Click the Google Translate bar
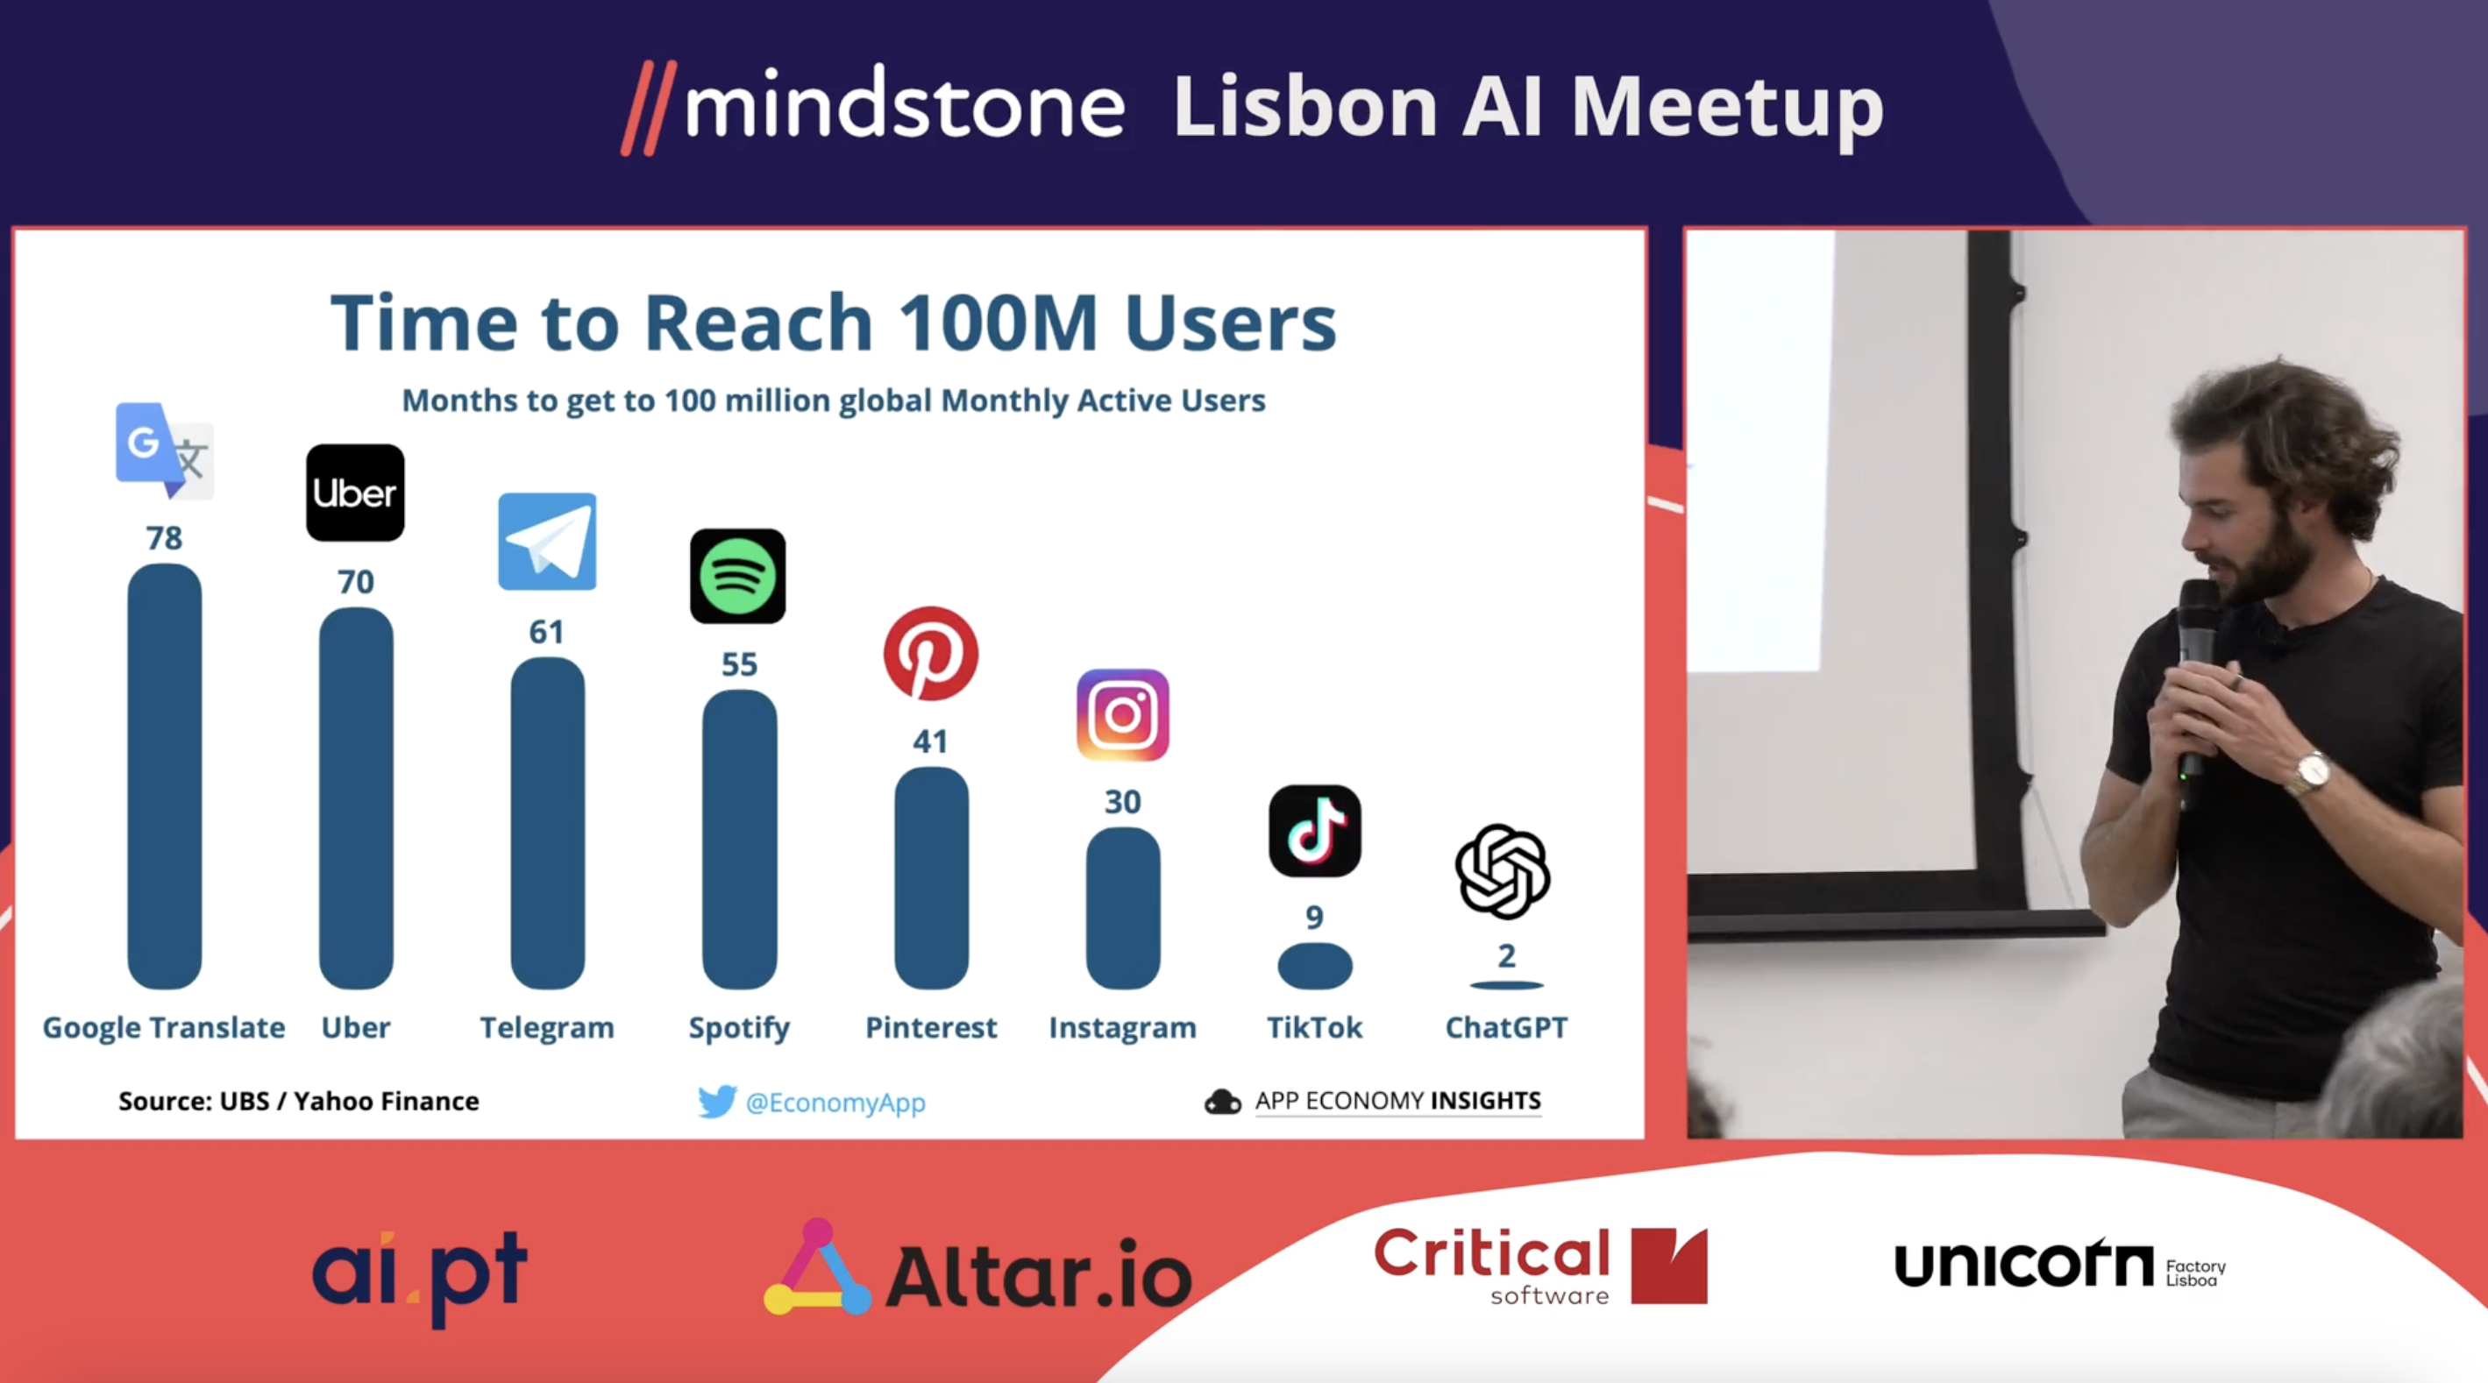[x=164, y=777]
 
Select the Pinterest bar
[x=931, y=878]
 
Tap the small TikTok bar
[x=1314, y=966]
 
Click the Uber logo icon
[x=355, y=493]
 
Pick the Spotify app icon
[x=738, y=576]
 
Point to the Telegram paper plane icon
[x=547, y=541]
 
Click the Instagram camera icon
[x=1122, y=714]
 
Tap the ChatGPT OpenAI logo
[x=1503, y=871]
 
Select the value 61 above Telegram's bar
[x=547, y=632]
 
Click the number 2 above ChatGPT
[x=1507, y=956]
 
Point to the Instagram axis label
[x=1122, y=1027]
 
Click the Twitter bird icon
[x=716, y=1101]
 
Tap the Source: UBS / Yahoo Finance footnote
[x=298, y=1101]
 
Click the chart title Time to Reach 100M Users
[x=834, y=322]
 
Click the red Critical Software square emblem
[x=1669, y=1266]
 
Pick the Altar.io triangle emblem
[x=817, y=1267]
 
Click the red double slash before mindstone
[x=648, y=108]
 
